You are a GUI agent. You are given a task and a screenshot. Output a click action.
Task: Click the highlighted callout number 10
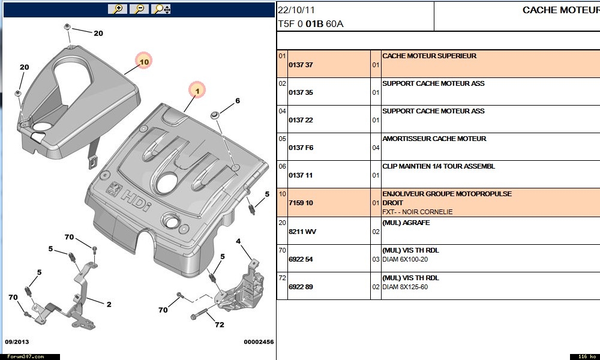click(x=144, y=61)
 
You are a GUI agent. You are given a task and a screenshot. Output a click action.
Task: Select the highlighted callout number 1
click(x=196, y=91)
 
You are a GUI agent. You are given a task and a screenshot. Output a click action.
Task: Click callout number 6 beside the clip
click(x=238, y=101)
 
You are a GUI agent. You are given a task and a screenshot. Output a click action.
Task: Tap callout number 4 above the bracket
click(x=238, y=242)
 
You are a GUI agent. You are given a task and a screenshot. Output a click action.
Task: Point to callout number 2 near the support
click(x=109, y=304)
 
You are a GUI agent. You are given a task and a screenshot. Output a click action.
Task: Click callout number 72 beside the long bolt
click(x=220, y=325)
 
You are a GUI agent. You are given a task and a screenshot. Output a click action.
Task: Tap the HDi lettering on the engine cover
click(x=136, y=199)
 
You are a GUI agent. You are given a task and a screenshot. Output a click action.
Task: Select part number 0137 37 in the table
click(x=301, y=65)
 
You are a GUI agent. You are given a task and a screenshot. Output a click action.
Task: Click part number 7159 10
click(x=301, y=203)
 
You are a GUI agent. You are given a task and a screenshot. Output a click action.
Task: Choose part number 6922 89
click(x=301, y=286)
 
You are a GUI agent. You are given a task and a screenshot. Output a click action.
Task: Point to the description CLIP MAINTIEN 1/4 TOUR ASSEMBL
click(x=439, y=166)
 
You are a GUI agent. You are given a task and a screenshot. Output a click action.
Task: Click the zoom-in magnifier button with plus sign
click(x=118, y=9)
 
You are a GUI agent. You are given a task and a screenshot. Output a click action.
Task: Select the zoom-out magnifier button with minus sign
click(x=139, y=9)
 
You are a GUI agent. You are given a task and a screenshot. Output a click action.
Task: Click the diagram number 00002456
click(x=259, y=342)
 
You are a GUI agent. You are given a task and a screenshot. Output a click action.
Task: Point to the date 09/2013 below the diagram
click(x=17, y=342)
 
